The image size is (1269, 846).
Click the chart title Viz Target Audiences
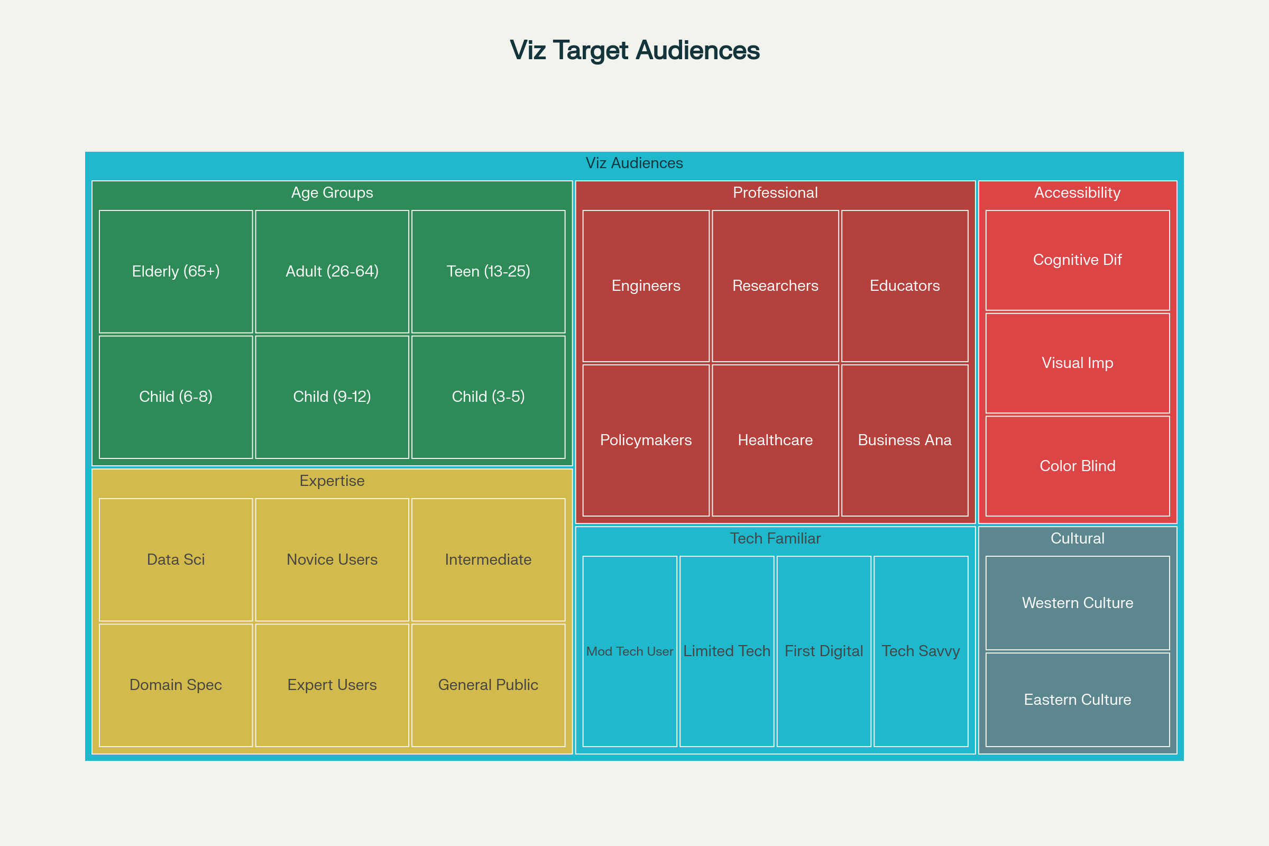coord(635,50)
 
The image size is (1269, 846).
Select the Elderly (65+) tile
coord(176,271)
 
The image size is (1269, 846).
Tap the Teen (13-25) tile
coord(488,271)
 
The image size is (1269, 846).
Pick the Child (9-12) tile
coord(332,397)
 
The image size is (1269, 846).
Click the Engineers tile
coord(646,286)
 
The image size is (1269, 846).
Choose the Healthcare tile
coord(775,440)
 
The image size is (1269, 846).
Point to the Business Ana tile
coord(905,440)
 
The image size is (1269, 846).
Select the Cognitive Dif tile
coord(1078,260)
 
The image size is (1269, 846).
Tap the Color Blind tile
coord(1078,466)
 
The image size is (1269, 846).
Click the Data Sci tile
coord(176,559)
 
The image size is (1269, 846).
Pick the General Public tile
coord(488,685)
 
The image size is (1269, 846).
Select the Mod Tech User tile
coord(630,651)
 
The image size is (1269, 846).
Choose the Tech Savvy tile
coord(921,651)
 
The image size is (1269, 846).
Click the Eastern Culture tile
coord(1078,699)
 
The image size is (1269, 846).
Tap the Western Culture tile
coord(1078,603)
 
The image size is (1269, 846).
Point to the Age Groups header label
coord(332,192)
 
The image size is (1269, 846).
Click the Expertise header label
coord(332,481)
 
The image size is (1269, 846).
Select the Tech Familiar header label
coord(775,538)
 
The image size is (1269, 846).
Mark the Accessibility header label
coord(1078,192)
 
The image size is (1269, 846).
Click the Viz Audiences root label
coord(635,163)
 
